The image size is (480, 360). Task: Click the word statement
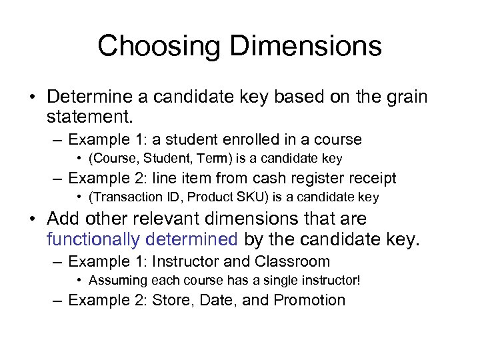pos(91,117)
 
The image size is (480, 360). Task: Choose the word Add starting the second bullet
pos(63,219)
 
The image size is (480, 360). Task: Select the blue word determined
pos(197,239)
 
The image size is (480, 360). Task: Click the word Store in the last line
pos(171,300)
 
